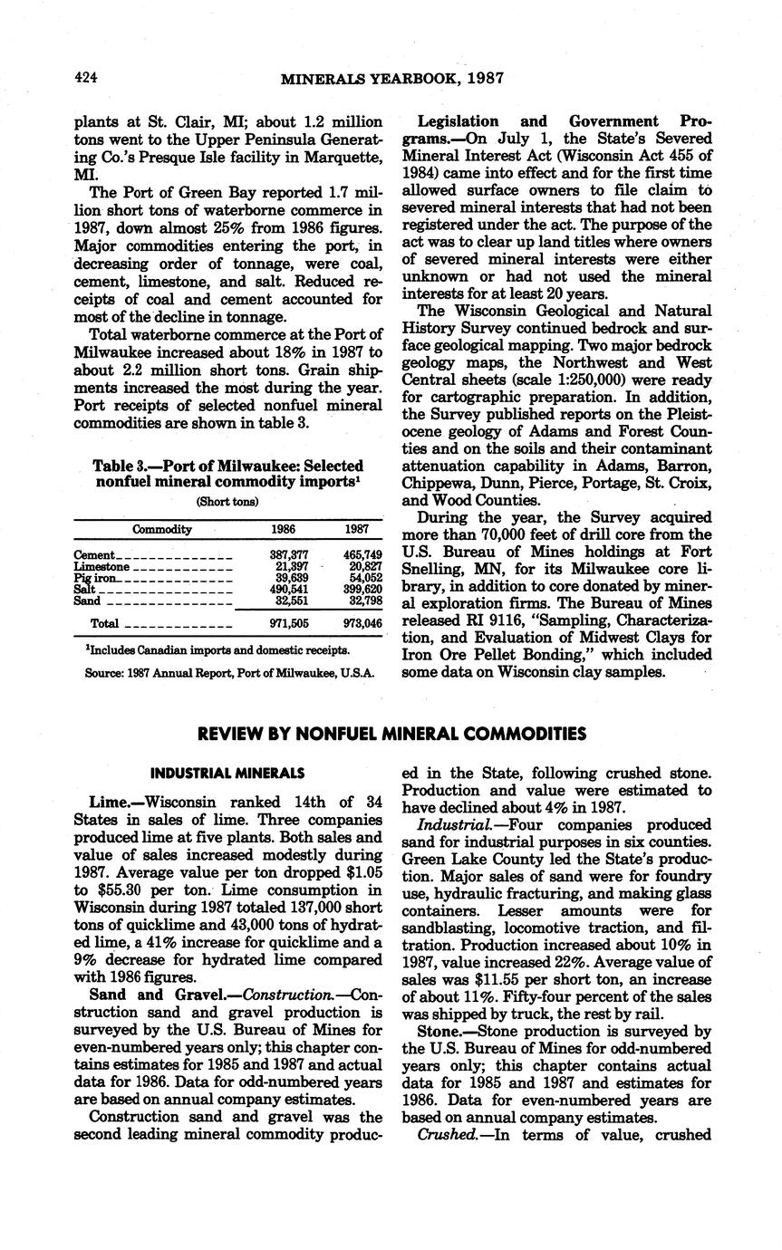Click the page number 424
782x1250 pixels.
[85, 79]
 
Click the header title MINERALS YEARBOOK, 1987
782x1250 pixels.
[391, 79]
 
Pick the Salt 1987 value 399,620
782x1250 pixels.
[362, 589]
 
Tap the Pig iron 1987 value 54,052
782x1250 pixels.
[365, 577]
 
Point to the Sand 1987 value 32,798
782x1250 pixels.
[365, 601]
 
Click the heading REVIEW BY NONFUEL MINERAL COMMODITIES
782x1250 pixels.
[391, 733]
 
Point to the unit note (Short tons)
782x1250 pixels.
[227, 501]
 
